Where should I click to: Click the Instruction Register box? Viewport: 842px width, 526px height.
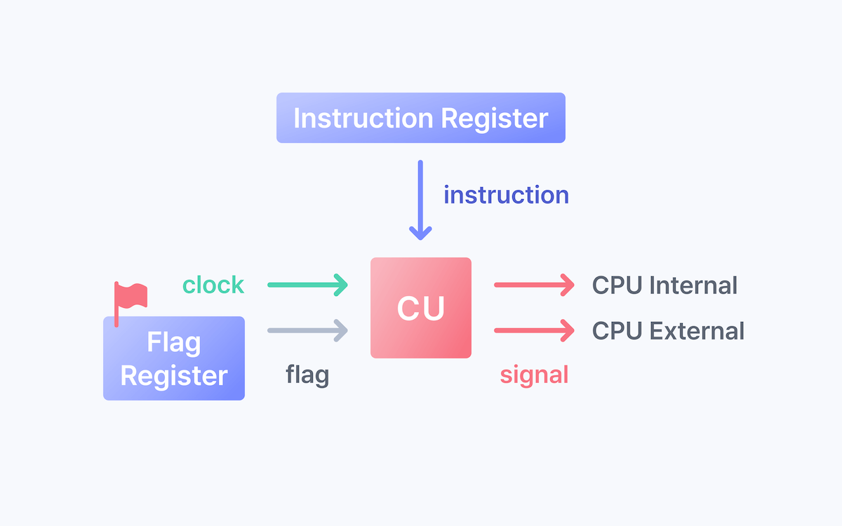tap(420, 118)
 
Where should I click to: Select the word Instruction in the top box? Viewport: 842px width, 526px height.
tap(363, 118)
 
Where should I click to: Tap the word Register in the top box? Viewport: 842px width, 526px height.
tap(494, 118)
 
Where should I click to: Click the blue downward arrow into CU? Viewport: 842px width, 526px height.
tap(420, 200)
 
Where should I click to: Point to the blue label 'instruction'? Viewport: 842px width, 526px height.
tap(506, 195)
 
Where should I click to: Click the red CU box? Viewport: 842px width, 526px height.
tap(420, 308)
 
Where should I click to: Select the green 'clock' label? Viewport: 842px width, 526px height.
tap(213, 285)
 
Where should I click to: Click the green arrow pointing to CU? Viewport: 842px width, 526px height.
tap(308, 285)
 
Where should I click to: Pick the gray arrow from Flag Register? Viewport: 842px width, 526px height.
tap(308, 329)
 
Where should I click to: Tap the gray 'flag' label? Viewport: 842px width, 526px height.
tap(307, 375)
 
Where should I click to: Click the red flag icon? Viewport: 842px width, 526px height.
tap(130, 298)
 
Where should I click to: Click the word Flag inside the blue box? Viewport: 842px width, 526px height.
tap(174, 343)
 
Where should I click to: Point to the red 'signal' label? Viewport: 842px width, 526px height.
tap(534, 375)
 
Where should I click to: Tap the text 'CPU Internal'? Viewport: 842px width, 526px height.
tap(664, 285)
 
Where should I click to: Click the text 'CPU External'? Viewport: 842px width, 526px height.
tap(668, 330)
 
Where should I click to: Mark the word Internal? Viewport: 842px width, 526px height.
tap(693, 285)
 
